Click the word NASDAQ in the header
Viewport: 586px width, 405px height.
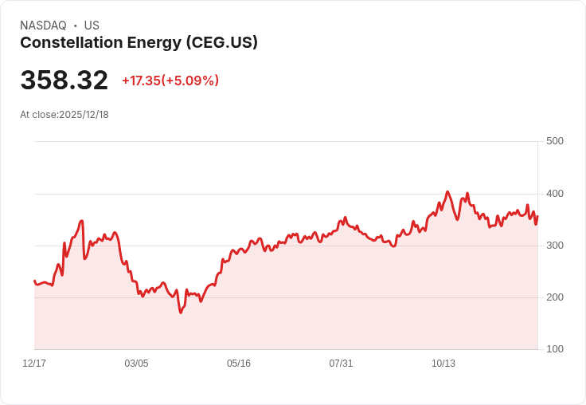point(43,26)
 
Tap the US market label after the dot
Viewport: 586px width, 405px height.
point(92,26)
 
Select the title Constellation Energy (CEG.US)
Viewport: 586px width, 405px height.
point(139,43)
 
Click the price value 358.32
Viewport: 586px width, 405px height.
point(64,81)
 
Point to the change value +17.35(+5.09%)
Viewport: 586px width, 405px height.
point(170,81)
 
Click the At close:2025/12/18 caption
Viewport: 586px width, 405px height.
point(64,115)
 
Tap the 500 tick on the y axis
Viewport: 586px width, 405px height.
point(555,141)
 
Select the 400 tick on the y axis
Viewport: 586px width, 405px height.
point(555,194)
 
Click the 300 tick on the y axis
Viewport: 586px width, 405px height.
point(555,246)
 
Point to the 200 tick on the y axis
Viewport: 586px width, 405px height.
point(555,297)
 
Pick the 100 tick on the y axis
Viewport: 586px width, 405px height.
point(555,349)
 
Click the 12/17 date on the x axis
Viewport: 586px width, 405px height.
point(34,364)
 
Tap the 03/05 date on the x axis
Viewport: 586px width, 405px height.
point(136,364)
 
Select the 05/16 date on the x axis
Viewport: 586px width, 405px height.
point(239,364)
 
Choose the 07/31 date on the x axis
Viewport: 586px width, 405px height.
point(341,364)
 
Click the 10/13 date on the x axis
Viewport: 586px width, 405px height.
point(443,364)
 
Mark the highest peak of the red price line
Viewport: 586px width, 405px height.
point(447,191)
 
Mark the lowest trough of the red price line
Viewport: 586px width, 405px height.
point(181,313)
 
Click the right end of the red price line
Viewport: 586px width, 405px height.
point(537,216)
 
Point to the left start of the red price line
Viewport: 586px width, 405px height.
point(34,281)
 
